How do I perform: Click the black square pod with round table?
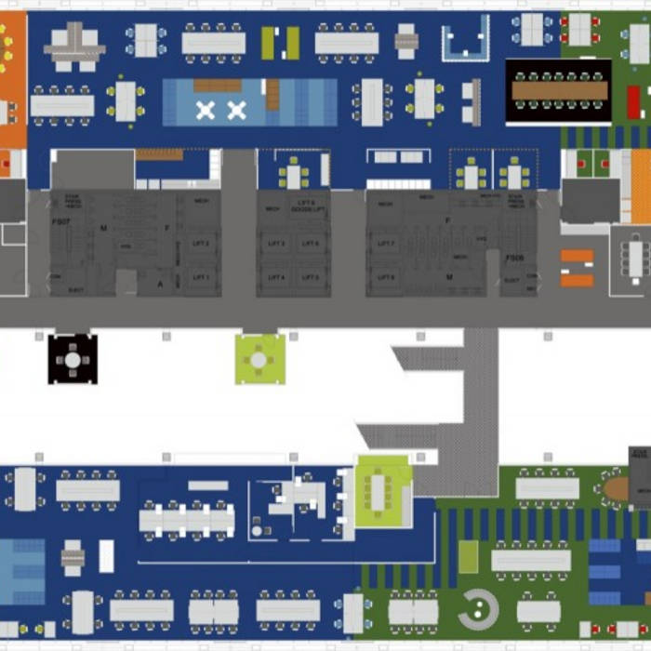click(x=73, y=359)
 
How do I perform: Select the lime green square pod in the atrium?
click(x=259, y=359)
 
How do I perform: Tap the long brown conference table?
click(x=558, y=90)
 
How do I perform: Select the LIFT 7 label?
click(x=386, y=244)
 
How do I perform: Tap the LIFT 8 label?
click(x=386, y=277)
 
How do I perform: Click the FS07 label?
click(x=60, y=222)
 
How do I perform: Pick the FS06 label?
click(x=515, y=259)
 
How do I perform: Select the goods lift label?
click(x=307, y=206)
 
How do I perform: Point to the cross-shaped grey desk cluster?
click(x=74, y=45)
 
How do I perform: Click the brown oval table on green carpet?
click(x=616, y=488)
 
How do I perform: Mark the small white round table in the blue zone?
click(x=257, y=531)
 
